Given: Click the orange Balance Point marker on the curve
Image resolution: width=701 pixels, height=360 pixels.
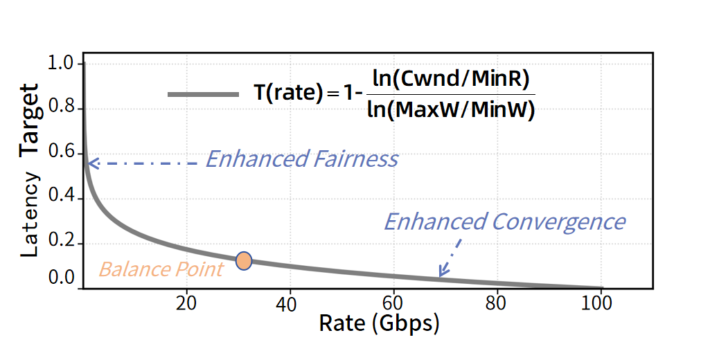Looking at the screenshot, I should tap(243, 260).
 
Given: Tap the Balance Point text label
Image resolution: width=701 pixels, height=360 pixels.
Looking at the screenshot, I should tap(161, 269).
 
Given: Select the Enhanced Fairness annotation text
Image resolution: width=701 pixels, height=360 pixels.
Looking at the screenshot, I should tap(302, 159).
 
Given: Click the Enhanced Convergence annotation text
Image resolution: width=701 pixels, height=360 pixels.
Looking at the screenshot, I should tap(504, 222).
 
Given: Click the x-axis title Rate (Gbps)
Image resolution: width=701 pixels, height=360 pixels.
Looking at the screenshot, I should tap(379, 323).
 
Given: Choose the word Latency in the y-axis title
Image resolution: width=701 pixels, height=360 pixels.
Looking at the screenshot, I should tap(30, 215).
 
